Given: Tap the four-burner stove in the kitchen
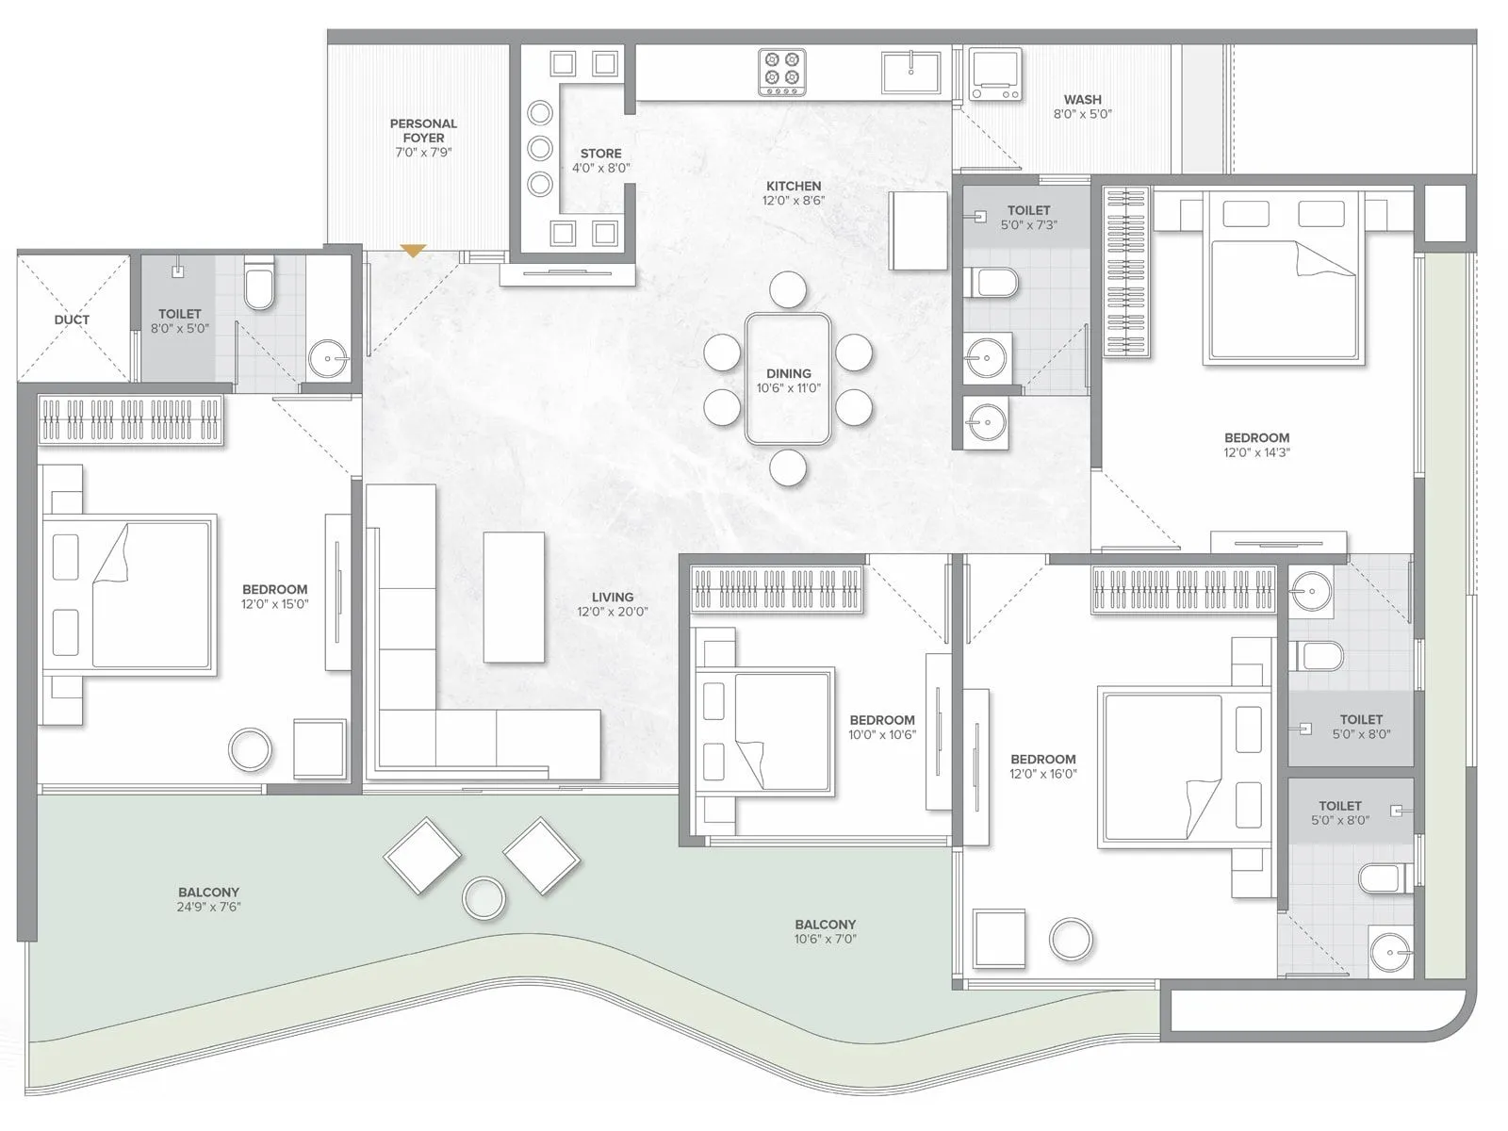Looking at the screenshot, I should (x=782, y=72).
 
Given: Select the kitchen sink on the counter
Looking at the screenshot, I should (x=910, y=73).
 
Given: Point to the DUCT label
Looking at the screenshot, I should (x=72, y=320).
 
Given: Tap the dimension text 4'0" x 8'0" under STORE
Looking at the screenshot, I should (x=601, y=168).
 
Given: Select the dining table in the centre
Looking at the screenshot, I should (x=788, y=379).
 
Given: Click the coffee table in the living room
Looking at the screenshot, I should (x=514, y=597).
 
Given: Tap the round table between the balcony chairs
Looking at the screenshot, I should (x=484, y=898).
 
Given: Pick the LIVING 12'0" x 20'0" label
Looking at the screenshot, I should (x=613, y=604).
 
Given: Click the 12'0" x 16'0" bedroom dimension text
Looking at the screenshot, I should (x=1043, y=774).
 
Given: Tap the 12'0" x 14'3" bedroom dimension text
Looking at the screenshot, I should (x=1257, y=452).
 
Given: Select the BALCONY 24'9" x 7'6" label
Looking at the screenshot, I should (x=208, y=899).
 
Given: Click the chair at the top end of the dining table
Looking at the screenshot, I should (x=788, y=289).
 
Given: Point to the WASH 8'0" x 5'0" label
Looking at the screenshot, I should (x=1083, y=106).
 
